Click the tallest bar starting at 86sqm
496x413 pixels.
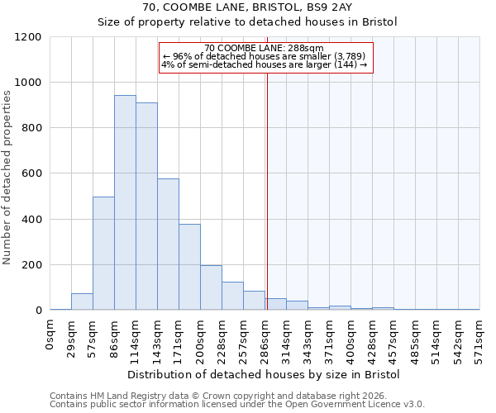125,202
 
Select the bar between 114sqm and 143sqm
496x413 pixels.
146,206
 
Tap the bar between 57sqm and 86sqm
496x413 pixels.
103,254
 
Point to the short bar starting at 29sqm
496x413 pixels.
82,301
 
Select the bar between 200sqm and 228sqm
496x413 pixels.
211,287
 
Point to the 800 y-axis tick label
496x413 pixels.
31,128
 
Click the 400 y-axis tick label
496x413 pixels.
31,220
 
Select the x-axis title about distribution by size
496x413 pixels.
264,374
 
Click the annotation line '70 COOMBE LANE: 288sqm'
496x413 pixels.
264,49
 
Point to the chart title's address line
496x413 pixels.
247,7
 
